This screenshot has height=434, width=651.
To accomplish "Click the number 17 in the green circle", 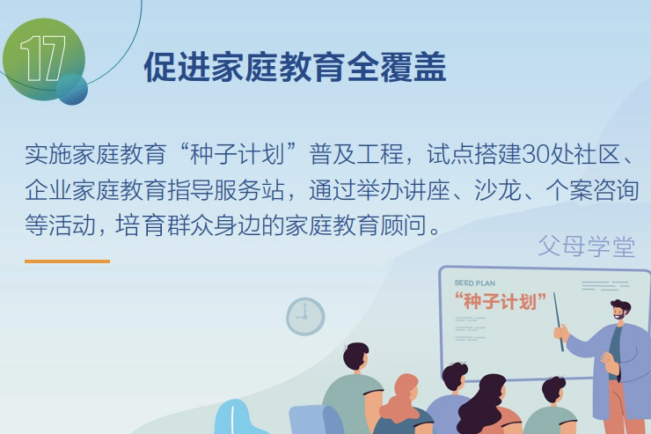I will [x=43, y=60].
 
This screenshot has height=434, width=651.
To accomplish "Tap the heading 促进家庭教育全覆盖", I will [x=295, y=68].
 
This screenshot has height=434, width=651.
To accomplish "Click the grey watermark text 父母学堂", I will [x=586, y=246].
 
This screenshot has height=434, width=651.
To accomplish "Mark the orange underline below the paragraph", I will [x=67, y=261].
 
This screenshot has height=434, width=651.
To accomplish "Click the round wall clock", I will [x=305, y=316].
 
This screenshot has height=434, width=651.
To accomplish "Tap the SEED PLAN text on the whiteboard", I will [x=475, y=283].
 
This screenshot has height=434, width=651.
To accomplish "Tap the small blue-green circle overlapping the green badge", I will [x=72, y=89].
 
